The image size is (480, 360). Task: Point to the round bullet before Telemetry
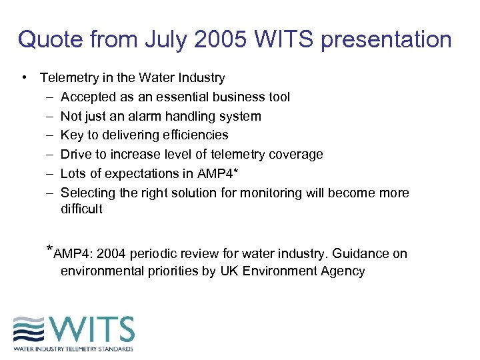point(24,78)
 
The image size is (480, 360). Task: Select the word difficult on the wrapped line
point(81,209)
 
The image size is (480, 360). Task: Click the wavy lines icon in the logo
point(31,330)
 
